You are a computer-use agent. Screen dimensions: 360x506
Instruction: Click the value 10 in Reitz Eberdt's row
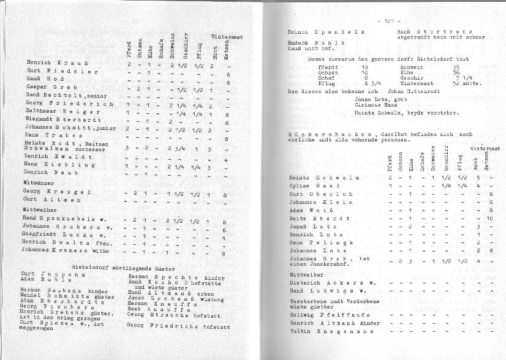489,219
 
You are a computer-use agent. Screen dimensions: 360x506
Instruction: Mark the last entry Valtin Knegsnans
323,331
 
